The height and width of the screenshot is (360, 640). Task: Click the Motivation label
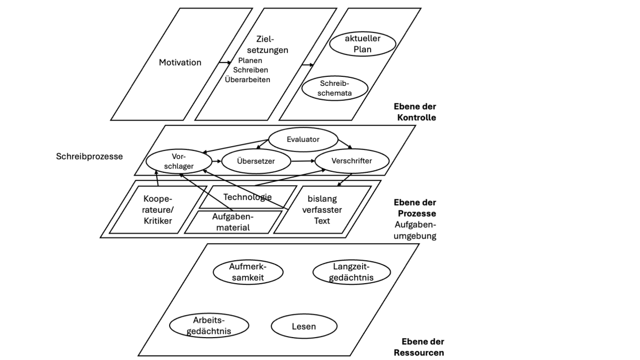pos(180,62)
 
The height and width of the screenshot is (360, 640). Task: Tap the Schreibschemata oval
pos(334,89)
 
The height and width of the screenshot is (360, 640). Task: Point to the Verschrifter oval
pos(351,161)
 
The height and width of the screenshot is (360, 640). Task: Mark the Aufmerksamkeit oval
pos(247,272)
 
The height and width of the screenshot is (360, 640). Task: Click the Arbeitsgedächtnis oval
pos(209,326)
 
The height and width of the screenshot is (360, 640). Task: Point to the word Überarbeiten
pos(248,80)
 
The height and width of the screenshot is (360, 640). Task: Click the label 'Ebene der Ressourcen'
pos(419,347)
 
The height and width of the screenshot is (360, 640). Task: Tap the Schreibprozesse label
pos(89,157)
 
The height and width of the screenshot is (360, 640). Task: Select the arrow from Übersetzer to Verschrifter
pos(302,160)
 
